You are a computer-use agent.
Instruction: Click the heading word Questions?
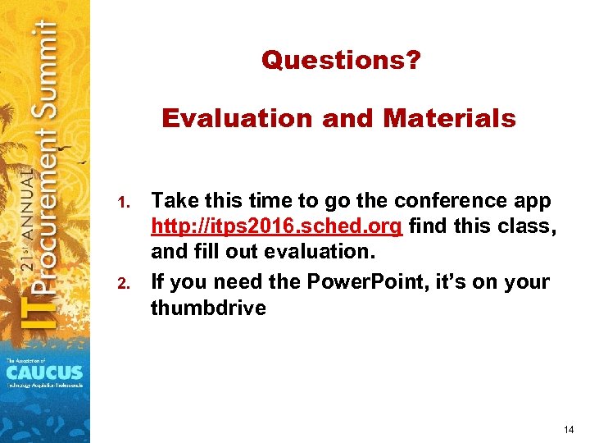340,60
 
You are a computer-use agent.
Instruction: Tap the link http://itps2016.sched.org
277,227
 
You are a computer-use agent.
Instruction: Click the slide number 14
569,430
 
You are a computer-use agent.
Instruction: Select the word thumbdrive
208,308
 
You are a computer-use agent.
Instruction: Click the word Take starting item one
175,201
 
